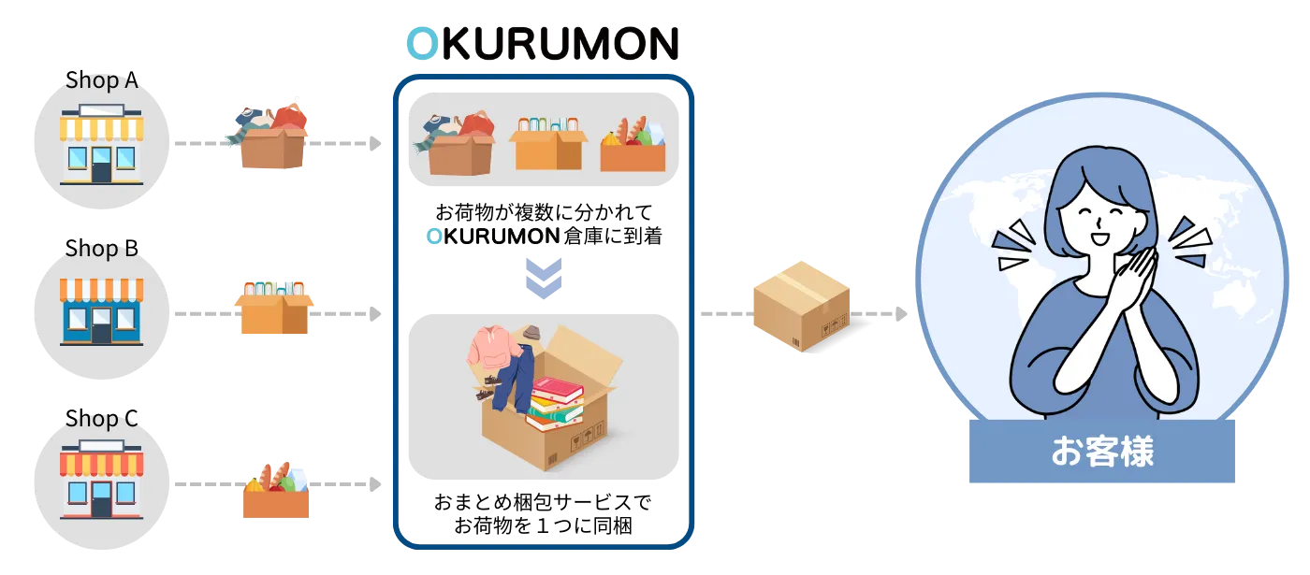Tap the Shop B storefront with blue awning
[100, 311]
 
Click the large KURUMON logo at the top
[542, 43]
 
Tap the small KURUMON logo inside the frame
[493, 236]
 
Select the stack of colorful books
[556, 403]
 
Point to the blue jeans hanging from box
[513, 379]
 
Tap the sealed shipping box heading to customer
[800, 304]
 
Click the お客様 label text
[1101, 453]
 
